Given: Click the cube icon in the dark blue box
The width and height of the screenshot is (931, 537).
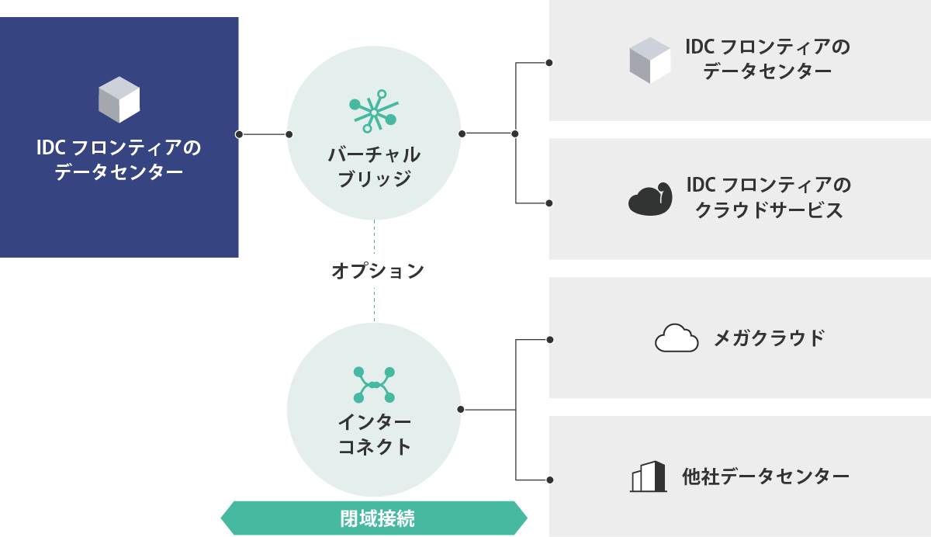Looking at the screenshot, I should click(119, 99).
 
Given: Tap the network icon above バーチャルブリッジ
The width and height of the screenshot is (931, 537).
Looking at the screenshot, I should click(374, 112).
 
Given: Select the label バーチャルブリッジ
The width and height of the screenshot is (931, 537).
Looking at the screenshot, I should click(374, 166).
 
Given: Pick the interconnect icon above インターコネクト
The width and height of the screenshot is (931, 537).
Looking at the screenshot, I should click(374, 385).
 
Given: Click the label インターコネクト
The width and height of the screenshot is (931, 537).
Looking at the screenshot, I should click(374, 435).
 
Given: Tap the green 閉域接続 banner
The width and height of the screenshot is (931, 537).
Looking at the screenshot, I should click(374, 518).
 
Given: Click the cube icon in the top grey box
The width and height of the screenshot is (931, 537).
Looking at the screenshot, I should click(649, 60).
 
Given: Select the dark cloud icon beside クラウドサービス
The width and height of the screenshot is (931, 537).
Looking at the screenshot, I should click(649, 199).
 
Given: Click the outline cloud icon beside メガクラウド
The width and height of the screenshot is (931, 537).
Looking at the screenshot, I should click(677, 338).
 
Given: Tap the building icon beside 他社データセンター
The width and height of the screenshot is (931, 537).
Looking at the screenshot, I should click(648, 476).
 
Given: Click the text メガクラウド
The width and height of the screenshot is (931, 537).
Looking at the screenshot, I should click(768, 338).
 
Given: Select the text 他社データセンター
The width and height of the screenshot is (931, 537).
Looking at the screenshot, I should click(766, 476).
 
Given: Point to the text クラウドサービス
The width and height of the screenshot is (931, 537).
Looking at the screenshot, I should click(768, 210).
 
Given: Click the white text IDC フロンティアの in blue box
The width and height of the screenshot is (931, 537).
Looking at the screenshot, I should click(119, 147).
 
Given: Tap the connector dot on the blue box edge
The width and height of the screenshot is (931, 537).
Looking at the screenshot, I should click(239, 134).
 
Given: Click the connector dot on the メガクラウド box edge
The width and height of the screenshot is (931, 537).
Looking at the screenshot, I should click(549, 339).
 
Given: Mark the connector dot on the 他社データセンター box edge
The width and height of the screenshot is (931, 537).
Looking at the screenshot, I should click(549, 480).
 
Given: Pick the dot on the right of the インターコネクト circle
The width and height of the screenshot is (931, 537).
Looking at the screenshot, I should click(460, 409).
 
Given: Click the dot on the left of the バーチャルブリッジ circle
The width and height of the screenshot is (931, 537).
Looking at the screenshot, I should click(289, 134).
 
